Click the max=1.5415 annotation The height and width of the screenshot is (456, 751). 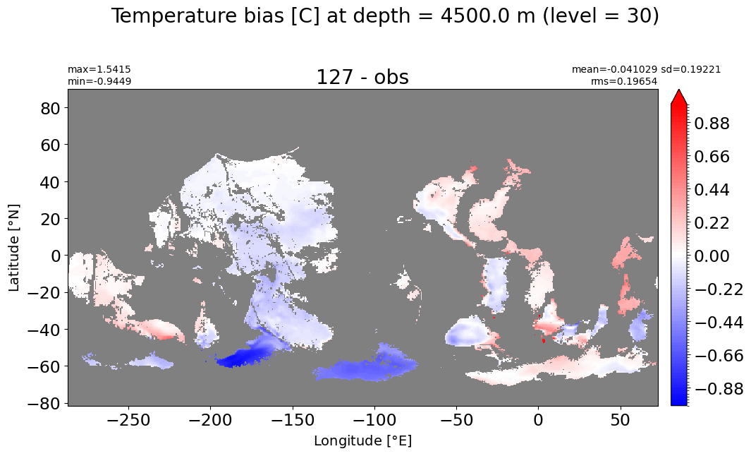(99, 70)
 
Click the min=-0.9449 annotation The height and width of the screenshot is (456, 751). (99, 81)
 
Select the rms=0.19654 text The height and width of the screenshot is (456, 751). (623, 81)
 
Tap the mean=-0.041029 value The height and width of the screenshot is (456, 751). (615, 70)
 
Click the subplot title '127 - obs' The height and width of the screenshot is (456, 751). (362, 77)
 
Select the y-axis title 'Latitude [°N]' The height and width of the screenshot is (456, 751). (14, 248)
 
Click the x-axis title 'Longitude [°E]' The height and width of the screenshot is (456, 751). (362, 440)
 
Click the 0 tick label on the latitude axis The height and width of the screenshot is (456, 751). (56, 256)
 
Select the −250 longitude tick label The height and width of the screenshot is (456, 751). (128, 421)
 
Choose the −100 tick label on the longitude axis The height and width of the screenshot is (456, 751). (374, 421)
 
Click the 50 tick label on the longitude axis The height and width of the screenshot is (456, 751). (621, 421)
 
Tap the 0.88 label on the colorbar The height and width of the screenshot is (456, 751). (712, 124)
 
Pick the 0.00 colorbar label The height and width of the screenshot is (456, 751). (712, 256)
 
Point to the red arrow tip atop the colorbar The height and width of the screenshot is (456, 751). (679, 90)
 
